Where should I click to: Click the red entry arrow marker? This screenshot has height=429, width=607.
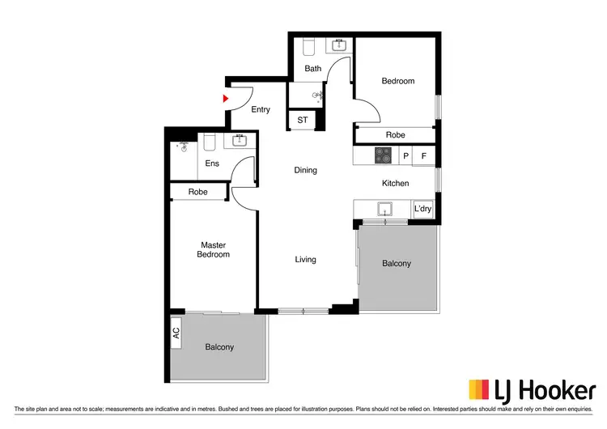(x=226, y=98)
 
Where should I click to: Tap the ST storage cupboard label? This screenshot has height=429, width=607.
(x=303, y=121)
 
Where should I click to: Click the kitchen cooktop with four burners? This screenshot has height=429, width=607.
(x=383, y=154)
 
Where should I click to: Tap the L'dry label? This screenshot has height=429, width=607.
(x=423, y=209)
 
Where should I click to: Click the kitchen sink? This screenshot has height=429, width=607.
(x=384, y=210)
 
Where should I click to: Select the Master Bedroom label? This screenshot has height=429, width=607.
(x=214, y=249)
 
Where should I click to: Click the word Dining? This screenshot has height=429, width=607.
(x=305, y=170)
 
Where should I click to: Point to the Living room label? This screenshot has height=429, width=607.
(x=305, y=260)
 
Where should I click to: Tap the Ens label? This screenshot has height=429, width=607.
(x=212, y=164)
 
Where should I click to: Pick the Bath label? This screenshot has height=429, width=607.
(x=313, y=69)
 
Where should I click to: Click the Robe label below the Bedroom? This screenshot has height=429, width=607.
(x=395, y=135)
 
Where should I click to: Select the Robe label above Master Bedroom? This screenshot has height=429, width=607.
(x=197, y=193)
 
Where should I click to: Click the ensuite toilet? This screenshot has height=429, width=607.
(x=209, y=142)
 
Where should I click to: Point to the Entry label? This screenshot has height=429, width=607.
(x=261, y=110)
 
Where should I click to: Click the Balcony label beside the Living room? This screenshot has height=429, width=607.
(x=397, y=264)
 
